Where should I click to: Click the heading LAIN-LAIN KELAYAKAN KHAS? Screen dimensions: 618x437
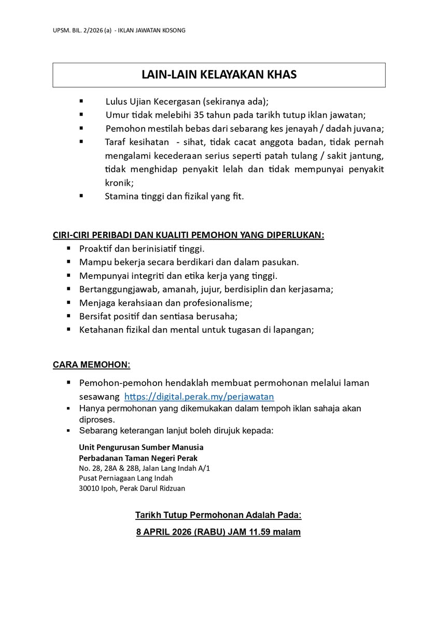tap(219, 75)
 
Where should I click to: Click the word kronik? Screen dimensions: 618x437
tap(118, 182)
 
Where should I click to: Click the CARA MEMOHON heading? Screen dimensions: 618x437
tap(91, 364)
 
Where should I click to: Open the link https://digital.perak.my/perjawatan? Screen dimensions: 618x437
tap(199, 397)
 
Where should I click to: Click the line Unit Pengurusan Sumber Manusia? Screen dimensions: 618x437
tap(141, 447)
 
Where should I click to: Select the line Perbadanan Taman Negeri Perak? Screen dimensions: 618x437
tap(138, 458)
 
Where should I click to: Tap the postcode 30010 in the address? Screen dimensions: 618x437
tap(90, 488)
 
